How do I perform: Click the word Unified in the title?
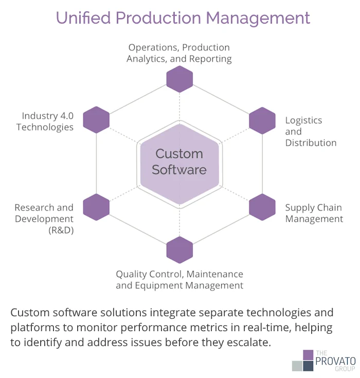(83, 17)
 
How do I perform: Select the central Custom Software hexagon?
(179, 162)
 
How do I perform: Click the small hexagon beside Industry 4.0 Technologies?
(96, 120)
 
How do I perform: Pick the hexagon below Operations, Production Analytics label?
(179, 79)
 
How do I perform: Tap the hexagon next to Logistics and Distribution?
(262, 120)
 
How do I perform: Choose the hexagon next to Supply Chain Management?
(262, 207)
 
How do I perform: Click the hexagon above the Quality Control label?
(179, 250)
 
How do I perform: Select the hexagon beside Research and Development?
(96, 207)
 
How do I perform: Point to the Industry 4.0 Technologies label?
(45, 121)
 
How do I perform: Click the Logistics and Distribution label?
(311, 131)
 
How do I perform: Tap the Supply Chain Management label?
(314, 213)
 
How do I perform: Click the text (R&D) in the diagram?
(61, 230)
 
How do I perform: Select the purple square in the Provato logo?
(308, 355)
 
